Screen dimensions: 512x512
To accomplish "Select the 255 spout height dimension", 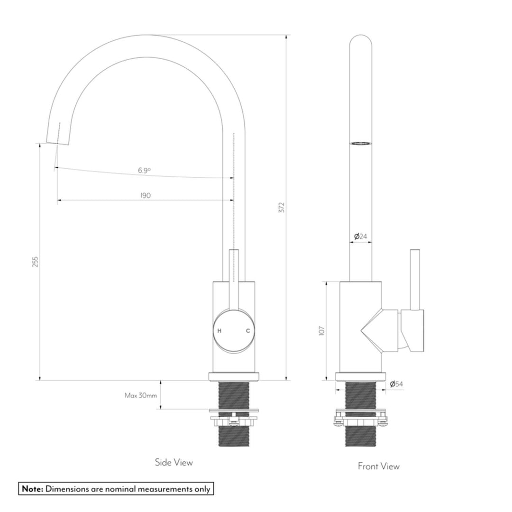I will (x=35, y=262).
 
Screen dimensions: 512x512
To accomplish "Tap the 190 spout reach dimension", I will (x=146, y=196).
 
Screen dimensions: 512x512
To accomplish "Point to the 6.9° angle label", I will (x=145, y=171).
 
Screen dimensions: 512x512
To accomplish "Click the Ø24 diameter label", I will (x=361, y=236).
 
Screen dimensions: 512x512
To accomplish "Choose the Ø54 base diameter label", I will (x=396, y=384).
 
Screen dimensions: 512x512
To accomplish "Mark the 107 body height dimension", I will (x=321, y=331).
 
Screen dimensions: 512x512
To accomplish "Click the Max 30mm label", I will (x=141, y=395).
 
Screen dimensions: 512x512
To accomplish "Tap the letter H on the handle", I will (x=219, y=331).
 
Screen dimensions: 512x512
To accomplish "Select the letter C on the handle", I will (x=247, y=331).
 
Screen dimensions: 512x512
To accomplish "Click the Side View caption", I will (x=174, y=462).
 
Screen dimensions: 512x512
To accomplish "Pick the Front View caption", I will (x=378, y=466).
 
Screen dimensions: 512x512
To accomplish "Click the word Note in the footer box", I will (x=32, y=489).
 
